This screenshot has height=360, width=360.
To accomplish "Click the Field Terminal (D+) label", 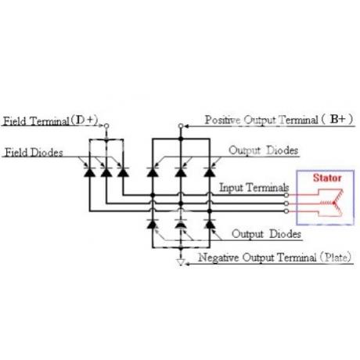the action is [50, 121].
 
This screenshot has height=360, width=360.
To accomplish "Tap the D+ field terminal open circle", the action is [106, 126].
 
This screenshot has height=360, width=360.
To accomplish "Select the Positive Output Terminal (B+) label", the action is [279, 120].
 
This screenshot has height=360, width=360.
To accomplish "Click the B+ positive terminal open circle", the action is [181, 126].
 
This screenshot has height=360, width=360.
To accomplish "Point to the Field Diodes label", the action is [34, 153].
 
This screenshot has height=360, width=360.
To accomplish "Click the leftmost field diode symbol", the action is [89, 172].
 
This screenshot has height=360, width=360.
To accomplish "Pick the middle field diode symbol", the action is [106, 172].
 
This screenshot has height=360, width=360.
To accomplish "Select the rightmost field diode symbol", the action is [123, 172].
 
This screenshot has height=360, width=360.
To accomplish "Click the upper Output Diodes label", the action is [264, 150].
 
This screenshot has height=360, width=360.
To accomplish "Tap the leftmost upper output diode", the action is [153, 172].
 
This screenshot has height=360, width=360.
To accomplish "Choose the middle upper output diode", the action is [181, 172].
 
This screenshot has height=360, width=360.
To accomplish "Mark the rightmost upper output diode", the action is [210, 172].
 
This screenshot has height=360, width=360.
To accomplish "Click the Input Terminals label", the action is [254, 188].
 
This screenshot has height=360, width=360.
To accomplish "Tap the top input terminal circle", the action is [286, 195].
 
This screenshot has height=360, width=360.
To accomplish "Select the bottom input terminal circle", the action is [286, 211].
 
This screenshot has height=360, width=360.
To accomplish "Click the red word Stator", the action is [327, 178].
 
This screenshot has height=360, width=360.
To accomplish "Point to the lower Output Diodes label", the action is [266, 234].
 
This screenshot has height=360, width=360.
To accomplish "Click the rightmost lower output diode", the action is [210, 224].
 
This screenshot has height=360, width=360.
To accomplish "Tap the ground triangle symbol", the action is [181, 262].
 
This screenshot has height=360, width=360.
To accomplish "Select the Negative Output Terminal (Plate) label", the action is [275, 257].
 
